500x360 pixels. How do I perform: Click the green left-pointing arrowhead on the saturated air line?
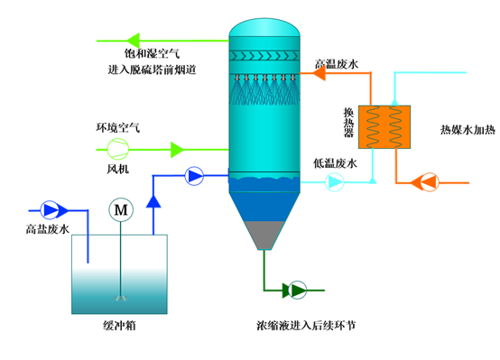click(x=133, y=38)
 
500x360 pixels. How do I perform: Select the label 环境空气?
click(x=118, y=126)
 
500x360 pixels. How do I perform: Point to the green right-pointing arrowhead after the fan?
click(x=178, y=146)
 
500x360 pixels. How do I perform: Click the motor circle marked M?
click(x=120, y=209)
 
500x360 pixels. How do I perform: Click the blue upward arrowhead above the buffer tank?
click(x=154, y=198)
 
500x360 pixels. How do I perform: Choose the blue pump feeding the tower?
click(x=194, y=176)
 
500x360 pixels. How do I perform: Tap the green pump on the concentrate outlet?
click(x=295, y=290)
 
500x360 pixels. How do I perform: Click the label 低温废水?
click(x=335, y=163)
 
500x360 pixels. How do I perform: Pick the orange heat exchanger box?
click(x=384, y=127)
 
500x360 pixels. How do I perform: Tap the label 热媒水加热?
click(x=467, y=128)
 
